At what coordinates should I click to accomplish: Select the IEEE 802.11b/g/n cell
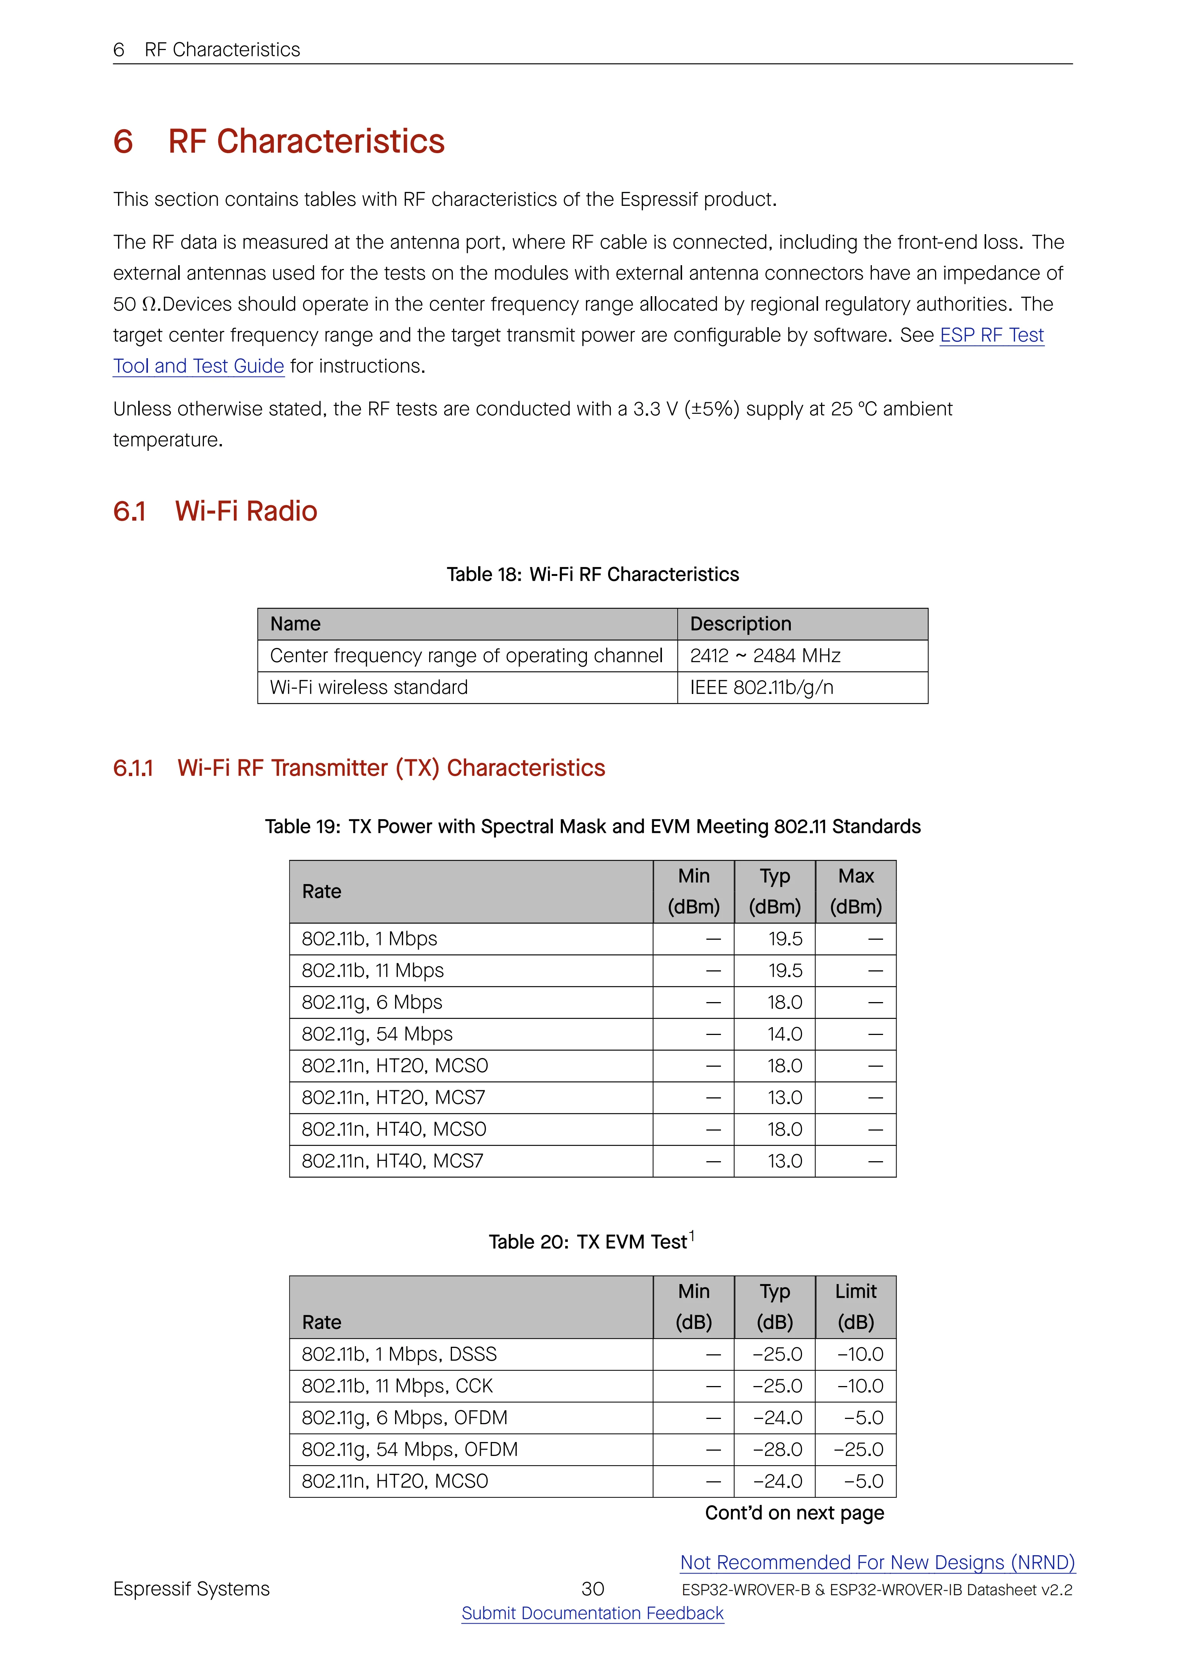[x=762, y=687]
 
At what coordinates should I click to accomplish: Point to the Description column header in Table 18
[x=740, y=624]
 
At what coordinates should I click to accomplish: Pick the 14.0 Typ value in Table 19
[x=784, y=1034]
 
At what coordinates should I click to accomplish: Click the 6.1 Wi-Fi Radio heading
[x=216, y=511]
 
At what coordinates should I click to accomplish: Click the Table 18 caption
[x=592, y=575]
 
